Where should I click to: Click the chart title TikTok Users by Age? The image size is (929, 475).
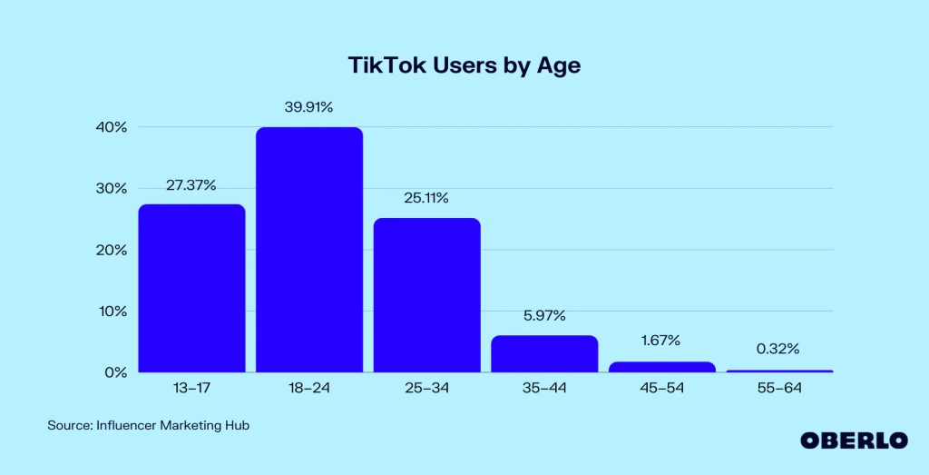[x=464, y=65]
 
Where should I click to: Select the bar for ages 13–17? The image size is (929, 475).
[x=191, y=288]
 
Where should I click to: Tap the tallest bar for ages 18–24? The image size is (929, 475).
[x=309, y=250]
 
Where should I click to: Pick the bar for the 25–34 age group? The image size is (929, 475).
[x=426, y=295]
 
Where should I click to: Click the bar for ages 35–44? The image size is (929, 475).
[x=544, y=353]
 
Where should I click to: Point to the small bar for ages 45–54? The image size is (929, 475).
[x=662, y=367]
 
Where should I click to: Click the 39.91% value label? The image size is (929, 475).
[x=309, y=107]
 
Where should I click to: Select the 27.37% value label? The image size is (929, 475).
[x=191, y=185]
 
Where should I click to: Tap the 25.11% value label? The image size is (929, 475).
[x=426, y=198]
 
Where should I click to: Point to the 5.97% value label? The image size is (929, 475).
[x=544, y=315]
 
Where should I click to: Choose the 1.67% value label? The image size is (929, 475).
[x=662, y=341]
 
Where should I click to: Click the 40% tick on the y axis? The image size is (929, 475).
[x=112, y=127]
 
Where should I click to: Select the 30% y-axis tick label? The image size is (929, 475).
[x=112, y=189]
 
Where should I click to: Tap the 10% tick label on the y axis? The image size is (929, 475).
[x=112, y=312]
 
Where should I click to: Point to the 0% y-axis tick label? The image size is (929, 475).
[x=116, y=372]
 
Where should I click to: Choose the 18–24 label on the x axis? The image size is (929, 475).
[x=309, y=389]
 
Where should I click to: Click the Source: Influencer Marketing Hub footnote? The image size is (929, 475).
[x=148, y=425]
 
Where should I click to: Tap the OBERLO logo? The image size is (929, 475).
[x=854, y=440]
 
